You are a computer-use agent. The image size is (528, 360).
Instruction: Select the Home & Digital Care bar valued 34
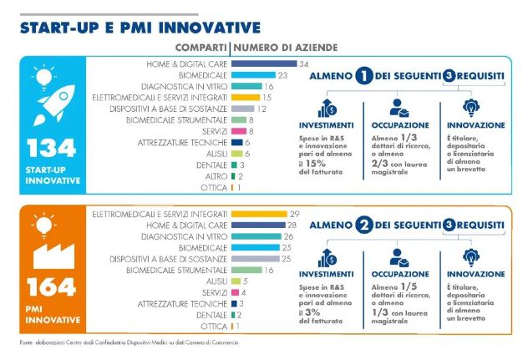coord(263,63)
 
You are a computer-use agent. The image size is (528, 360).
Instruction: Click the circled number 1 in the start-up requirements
coord(363,77)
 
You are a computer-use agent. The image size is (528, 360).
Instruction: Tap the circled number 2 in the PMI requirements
coord(363,226)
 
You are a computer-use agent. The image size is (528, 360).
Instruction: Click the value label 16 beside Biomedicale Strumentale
coord(269,271)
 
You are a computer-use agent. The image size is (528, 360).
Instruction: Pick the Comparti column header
coord(201,47)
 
